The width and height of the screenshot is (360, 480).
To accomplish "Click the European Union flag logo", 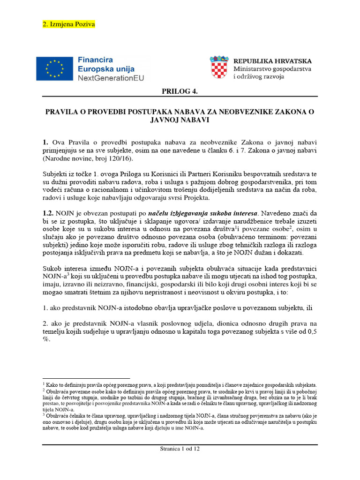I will click(55, 68).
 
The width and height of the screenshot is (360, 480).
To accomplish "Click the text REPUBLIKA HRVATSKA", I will click(272, 61).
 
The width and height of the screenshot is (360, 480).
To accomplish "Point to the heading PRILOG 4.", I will click(180, 91).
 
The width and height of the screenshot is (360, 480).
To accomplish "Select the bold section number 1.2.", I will click(49, 213).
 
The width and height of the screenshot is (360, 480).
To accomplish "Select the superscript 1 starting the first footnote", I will click(44, 383).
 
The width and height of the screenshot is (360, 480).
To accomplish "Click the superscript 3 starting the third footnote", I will click(44, 414).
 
